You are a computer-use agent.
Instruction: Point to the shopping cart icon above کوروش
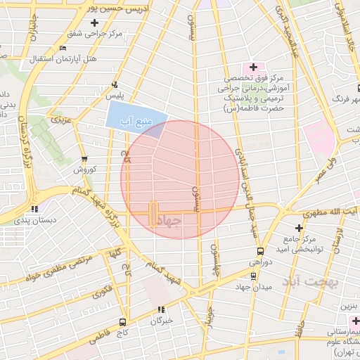(x=84, y=159)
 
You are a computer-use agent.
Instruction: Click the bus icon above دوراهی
(x=259, y=251)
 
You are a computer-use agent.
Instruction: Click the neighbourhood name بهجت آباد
(x=310, y=283)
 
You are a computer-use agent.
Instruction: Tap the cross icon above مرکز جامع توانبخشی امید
(x=299, y=228)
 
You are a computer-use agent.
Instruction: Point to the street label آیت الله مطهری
(x=331, y=212)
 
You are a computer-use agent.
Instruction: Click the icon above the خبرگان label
(x=161, y=309)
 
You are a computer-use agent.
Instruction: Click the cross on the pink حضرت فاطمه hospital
(x=254, y=67)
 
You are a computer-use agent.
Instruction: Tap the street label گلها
(x=115, y=252)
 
